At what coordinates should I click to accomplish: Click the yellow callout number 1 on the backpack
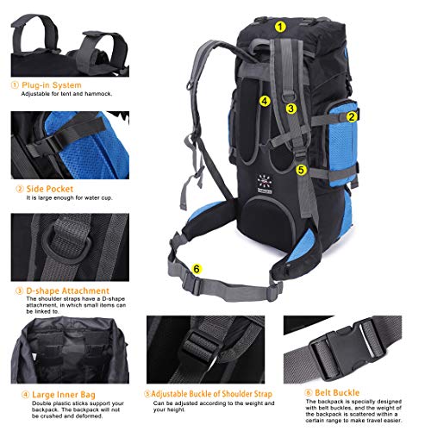pyautogui.click(x=280, y=26)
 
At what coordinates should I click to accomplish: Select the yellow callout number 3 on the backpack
pyautogui.click(x=291, y=109)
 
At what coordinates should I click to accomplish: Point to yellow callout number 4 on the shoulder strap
pyautogui.click(x=265, y=101)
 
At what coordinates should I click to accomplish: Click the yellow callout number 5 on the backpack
pyautogui.click(x=301, y=170)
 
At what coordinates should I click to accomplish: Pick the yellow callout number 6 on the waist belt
pyautogui.click(x=197, y=269)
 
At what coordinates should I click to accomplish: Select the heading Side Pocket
pyautogui.click(x=49, y=188)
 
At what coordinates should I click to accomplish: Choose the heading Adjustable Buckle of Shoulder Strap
pyautogui.click(x=204, y=394)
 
